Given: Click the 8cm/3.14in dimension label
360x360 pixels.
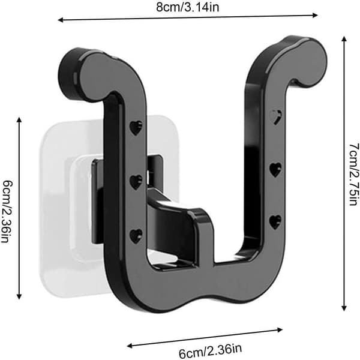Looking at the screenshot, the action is (188, 7).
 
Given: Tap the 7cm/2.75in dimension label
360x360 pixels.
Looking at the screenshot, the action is (353, 175).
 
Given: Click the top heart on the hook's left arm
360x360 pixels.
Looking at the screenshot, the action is (136, 128).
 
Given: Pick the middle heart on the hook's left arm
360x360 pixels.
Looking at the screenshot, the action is (136, 182).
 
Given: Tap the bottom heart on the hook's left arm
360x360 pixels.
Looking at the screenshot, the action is (136, 236).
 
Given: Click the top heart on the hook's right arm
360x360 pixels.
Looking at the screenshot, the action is (275, 117).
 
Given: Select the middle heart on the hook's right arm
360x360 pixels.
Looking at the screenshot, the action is (275, 170).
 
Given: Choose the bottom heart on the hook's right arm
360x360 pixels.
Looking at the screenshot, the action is (275, 222).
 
